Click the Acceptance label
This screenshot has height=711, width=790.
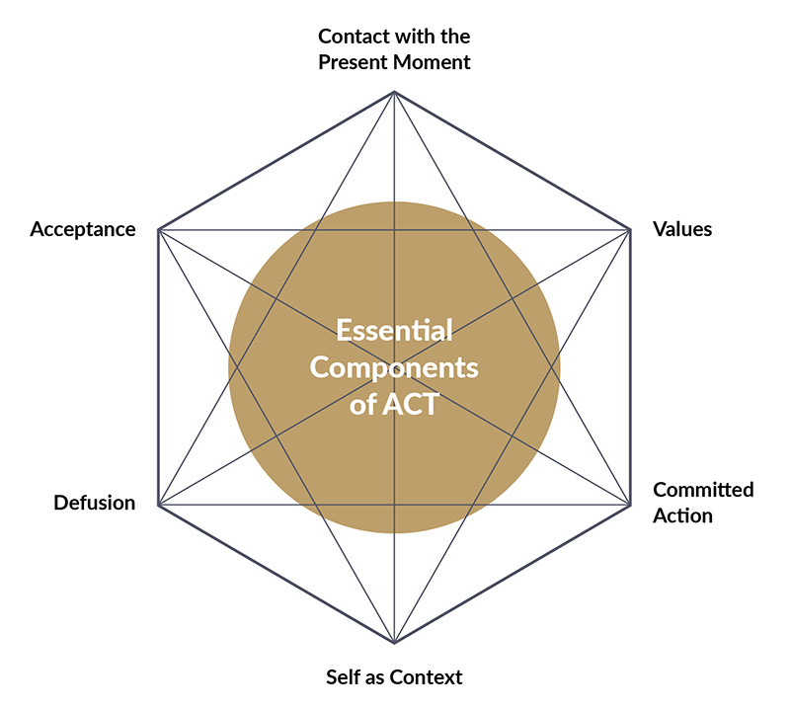tap(82, 229)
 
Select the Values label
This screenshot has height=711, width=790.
tap(682, 229)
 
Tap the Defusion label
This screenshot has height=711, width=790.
tap(94, 503)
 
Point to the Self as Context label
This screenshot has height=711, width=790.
tap(394, 677)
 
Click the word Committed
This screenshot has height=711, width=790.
tap(703, 490)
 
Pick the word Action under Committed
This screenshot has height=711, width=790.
tap(682, 514)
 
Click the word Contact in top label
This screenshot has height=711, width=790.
tap(353, 38)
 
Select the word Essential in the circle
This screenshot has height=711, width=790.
tap(394, 330)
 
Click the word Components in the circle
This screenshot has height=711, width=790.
tap(394, 367)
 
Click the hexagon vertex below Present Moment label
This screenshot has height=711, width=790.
tap(394, 92)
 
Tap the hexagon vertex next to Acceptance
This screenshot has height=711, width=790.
tap(159, 230)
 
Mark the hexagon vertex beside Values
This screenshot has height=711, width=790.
tap(630, 230)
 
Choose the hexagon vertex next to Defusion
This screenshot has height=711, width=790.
tap(159, 506)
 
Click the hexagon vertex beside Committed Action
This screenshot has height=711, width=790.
tap(630, 506)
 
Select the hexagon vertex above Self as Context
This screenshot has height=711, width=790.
tap(394, 643)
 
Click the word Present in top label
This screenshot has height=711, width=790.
tap(354, 62)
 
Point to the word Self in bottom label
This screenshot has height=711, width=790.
tap(342, 677)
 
